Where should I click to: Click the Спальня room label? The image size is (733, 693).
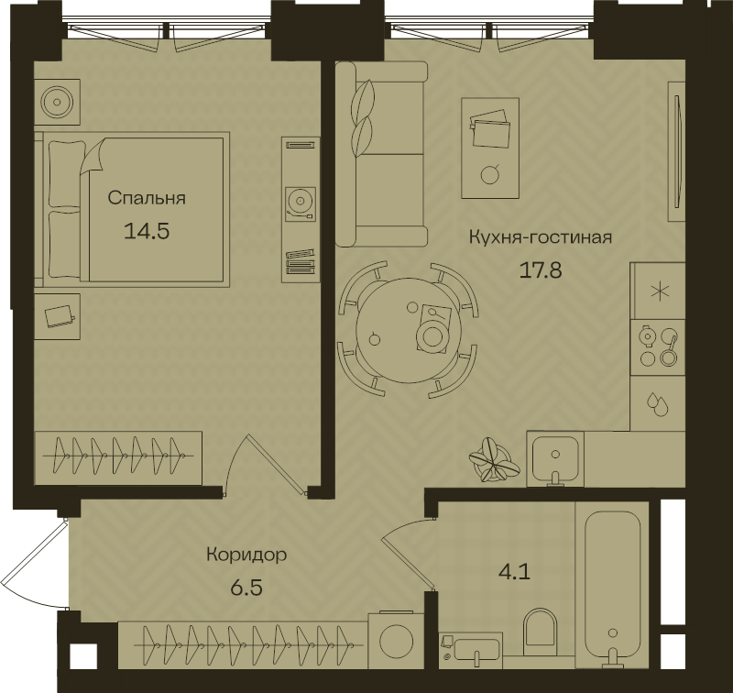[147, 198]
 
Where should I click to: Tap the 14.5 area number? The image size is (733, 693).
[147, 231]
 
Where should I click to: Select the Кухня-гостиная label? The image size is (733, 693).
[541, 237]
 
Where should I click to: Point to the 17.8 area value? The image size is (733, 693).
[541, 270]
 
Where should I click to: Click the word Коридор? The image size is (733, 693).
[246, 555]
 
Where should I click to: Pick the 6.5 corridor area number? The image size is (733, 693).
[246, 588]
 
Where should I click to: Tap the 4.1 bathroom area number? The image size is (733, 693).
[515, 571]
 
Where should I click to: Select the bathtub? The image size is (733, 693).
[612, 586]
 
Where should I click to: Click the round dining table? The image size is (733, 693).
[409, 331]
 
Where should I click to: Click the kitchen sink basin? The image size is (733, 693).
[555, 458]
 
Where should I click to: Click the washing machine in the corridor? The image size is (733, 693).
[396, 640]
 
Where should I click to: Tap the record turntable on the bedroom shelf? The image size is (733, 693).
[301, 203]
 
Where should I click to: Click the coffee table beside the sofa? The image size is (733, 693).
[490, 148]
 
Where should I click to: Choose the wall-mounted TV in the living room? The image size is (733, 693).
[677, 150]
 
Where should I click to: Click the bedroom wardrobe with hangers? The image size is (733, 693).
[119, 458]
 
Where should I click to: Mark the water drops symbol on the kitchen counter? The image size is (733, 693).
[657, 403]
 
